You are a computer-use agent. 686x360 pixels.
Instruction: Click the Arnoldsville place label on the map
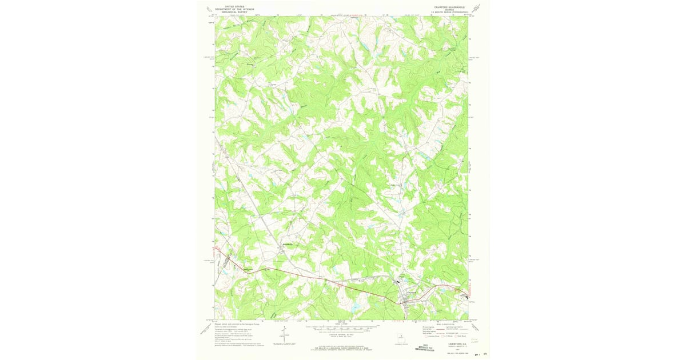click(288, 245)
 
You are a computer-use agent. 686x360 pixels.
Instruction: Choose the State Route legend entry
click(461, 336)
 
